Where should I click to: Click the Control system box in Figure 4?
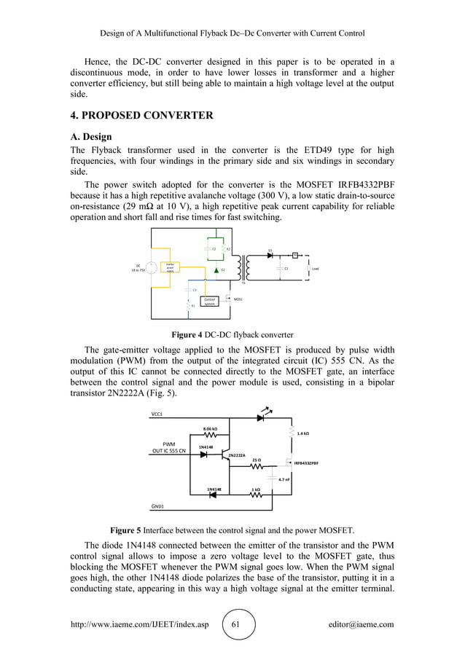tap(210, 302)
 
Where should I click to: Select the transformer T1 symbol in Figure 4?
tap(244, 267)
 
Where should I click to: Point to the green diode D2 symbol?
tap(216, 270)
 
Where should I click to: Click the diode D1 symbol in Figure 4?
tap(270, 255)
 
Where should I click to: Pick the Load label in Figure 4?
tap(315, 269)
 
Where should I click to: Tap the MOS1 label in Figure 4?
tap(238, 299)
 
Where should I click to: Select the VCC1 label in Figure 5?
tap(157, 414)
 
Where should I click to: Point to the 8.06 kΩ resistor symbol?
tap(210, 436)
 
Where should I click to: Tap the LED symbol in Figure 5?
tap(261, 418)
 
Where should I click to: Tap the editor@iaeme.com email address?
tap(361, 624)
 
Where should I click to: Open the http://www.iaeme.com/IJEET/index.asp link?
tap(139, 624)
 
